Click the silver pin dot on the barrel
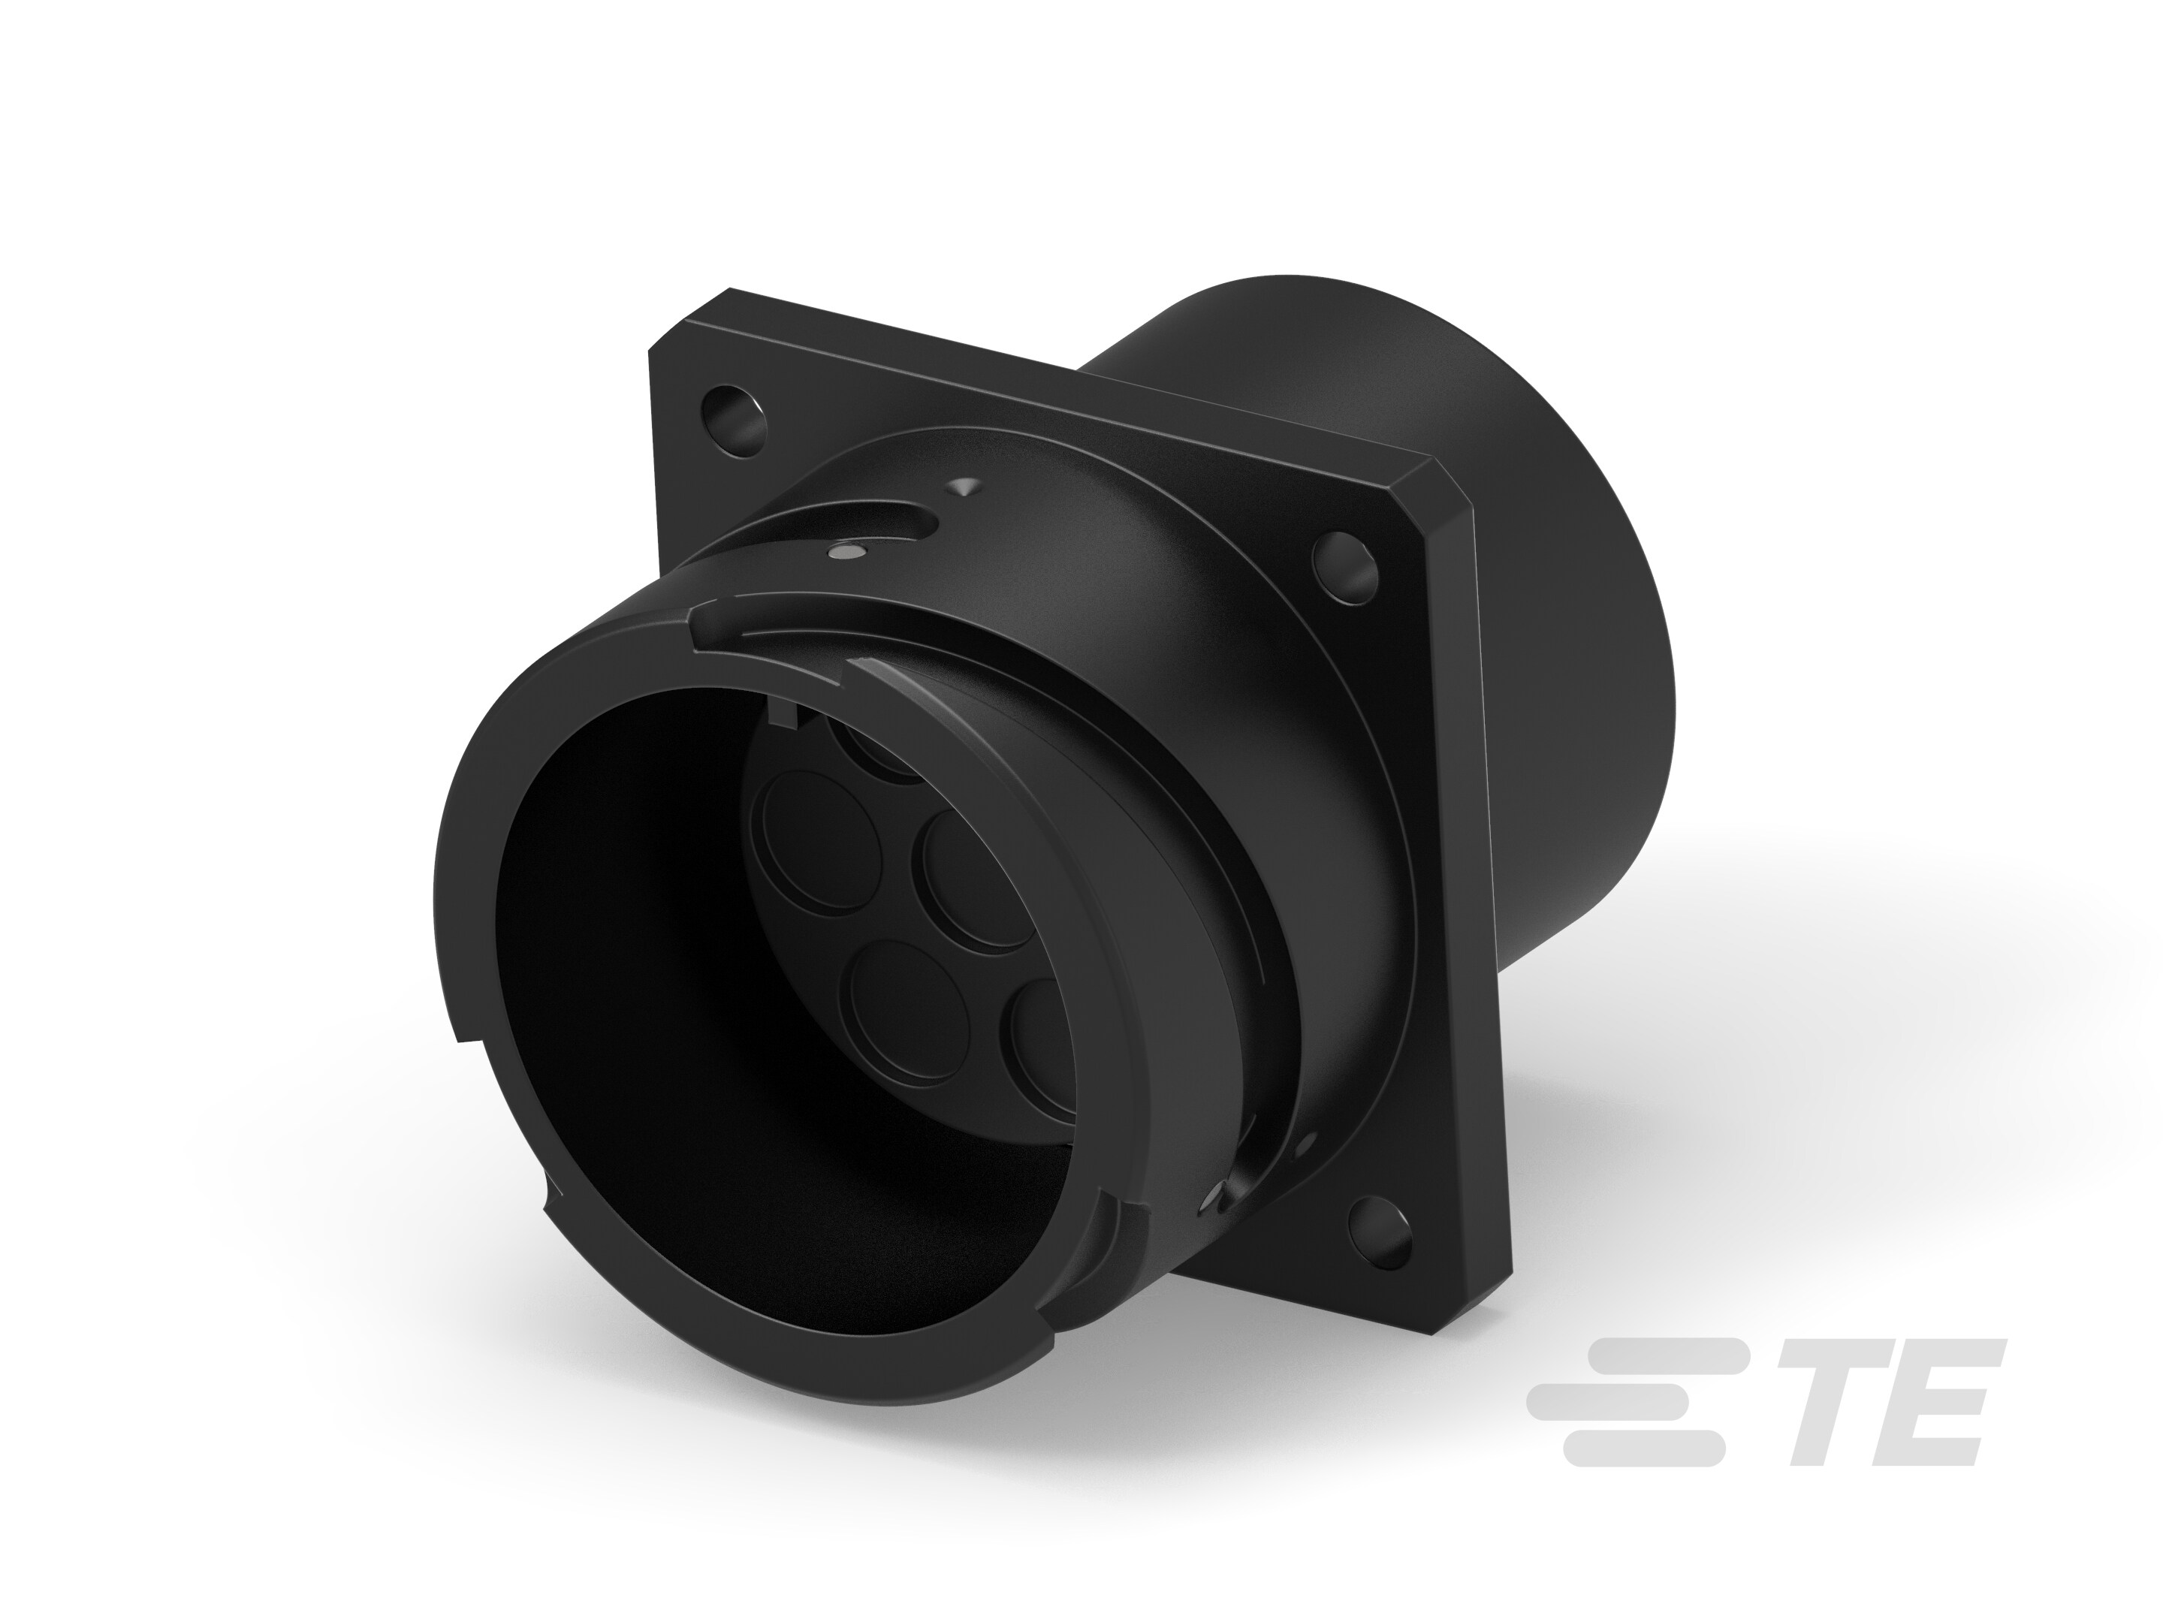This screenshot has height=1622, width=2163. (845, 554)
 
